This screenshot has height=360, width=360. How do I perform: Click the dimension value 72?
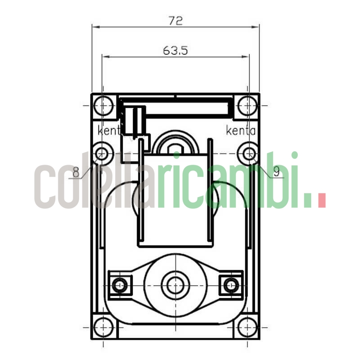[x=175, y=21]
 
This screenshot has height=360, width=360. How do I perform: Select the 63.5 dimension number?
[x=175, y=50]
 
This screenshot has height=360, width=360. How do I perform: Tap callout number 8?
[x=76, y=172]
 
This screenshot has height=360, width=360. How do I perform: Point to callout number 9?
[x=276, y=171]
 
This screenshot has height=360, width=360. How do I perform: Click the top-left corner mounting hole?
[x=103, y=106]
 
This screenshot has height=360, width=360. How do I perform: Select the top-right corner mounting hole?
[x=247, y=106]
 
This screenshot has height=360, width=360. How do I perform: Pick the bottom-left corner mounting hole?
[x=103, y=326]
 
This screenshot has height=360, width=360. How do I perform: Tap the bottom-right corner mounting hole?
[x=247, y=326]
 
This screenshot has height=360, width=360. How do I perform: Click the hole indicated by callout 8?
[x=103, y=153]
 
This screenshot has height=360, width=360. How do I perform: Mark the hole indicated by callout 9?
[x=247, y=153]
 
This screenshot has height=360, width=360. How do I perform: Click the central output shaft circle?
[x=175, y=284]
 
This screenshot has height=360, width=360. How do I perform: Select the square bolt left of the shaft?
[x=120, y=284]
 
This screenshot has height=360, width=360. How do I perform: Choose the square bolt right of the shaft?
[x=231, y=284]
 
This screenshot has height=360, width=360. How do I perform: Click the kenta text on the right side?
[x=241, y=131]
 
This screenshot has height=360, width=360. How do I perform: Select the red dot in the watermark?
[x=321, y=201]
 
